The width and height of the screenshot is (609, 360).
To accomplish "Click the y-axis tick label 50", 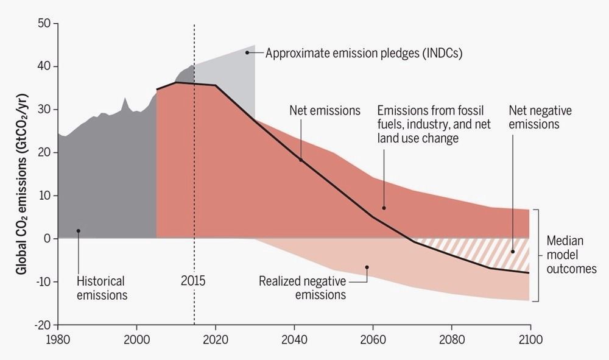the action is tap(44, 23).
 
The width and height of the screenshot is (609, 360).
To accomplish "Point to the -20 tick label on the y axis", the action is tap(43, 325).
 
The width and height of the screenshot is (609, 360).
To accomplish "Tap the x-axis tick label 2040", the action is tap(294, 340).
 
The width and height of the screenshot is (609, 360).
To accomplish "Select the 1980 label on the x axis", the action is tap(58, 340).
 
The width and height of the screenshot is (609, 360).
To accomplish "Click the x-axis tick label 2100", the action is tap(530, 340).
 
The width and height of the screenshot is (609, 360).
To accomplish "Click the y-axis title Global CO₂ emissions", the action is tap(22, 184).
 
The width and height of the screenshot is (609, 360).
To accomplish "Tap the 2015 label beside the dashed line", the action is tap(193, 280).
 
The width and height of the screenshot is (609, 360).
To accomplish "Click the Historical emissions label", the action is tap(102, 288).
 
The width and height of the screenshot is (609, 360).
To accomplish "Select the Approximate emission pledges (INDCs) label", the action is tap(364, 53).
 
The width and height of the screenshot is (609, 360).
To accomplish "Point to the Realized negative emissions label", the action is tap(302, 288).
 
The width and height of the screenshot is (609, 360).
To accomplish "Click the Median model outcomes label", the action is tap(571, 255).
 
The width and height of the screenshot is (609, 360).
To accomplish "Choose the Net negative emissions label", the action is tap(540, 118).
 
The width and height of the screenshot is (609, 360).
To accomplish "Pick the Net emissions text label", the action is tap(325, 111).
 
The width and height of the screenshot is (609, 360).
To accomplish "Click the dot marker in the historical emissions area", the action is tap(79, 231).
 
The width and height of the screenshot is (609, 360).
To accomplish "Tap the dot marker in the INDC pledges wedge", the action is tap(247, 52).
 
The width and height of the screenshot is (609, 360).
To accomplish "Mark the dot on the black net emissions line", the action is tap(301, 160).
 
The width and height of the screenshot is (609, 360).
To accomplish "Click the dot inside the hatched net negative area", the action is tap(513, 252).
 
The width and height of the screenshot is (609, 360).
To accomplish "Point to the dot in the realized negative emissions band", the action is tap(367, 267).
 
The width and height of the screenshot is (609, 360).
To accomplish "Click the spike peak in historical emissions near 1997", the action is tap(125, 98).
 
